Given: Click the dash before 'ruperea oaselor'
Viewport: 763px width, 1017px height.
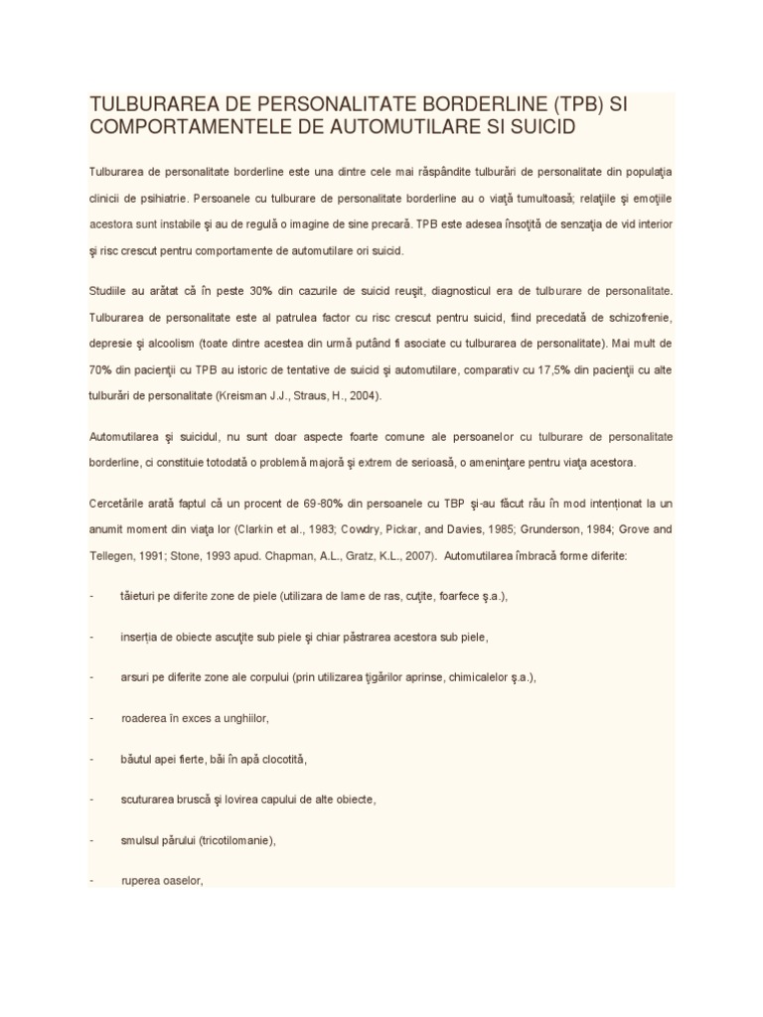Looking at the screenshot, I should [x=91, y=881].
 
